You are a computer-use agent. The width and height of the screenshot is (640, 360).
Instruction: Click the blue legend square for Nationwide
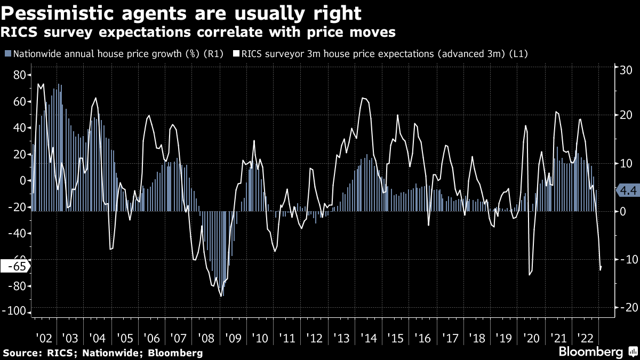[7, 54]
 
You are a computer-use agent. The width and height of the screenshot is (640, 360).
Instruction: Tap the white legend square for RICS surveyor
[235, 54]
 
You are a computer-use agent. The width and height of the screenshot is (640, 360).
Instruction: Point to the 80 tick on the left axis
[20, 75]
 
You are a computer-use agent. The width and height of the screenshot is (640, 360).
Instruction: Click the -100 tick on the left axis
[15, 313]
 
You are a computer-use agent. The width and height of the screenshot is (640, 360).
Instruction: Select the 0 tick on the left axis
[23, 180]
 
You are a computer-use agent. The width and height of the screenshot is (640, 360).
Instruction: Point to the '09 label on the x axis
[233, 338]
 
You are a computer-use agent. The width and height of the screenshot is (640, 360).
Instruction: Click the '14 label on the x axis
[369, 338]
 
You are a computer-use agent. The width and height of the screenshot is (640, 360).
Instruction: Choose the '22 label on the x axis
[586, 338]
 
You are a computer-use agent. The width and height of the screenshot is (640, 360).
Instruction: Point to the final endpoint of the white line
[602, 266]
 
